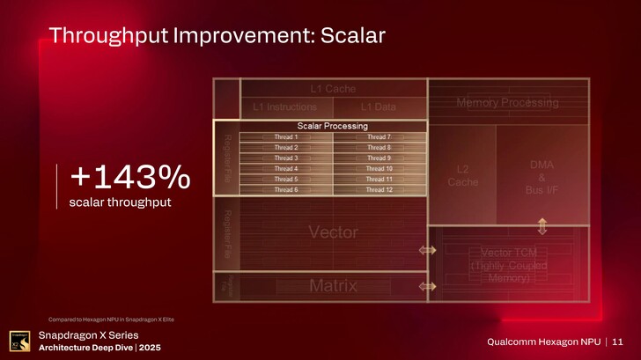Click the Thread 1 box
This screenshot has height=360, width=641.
click(285, 137)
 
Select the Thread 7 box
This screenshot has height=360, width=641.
click(378, 137)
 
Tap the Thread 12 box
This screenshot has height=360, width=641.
click(378, 189)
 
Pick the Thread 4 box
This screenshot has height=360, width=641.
click(285, 169)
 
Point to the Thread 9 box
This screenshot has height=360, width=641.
click(378, 158)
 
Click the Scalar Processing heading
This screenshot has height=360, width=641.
click(332, 126)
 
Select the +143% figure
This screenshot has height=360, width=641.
click(129, 178)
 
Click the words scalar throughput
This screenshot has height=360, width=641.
click(120, 203)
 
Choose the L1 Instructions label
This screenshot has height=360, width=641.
click(284, 107)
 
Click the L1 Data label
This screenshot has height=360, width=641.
click(378, 107)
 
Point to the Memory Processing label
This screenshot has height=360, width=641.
click(507, 103)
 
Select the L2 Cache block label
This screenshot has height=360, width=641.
click(462, 175)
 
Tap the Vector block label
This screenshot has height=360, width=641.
click(333, 232)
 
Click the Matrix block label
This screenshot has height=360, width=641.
click(333, 286)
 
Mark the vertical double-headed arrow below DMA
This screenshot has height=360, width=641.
click(542, 226)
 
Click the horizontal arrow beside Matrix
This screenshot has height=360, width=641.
click(428, 286)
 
